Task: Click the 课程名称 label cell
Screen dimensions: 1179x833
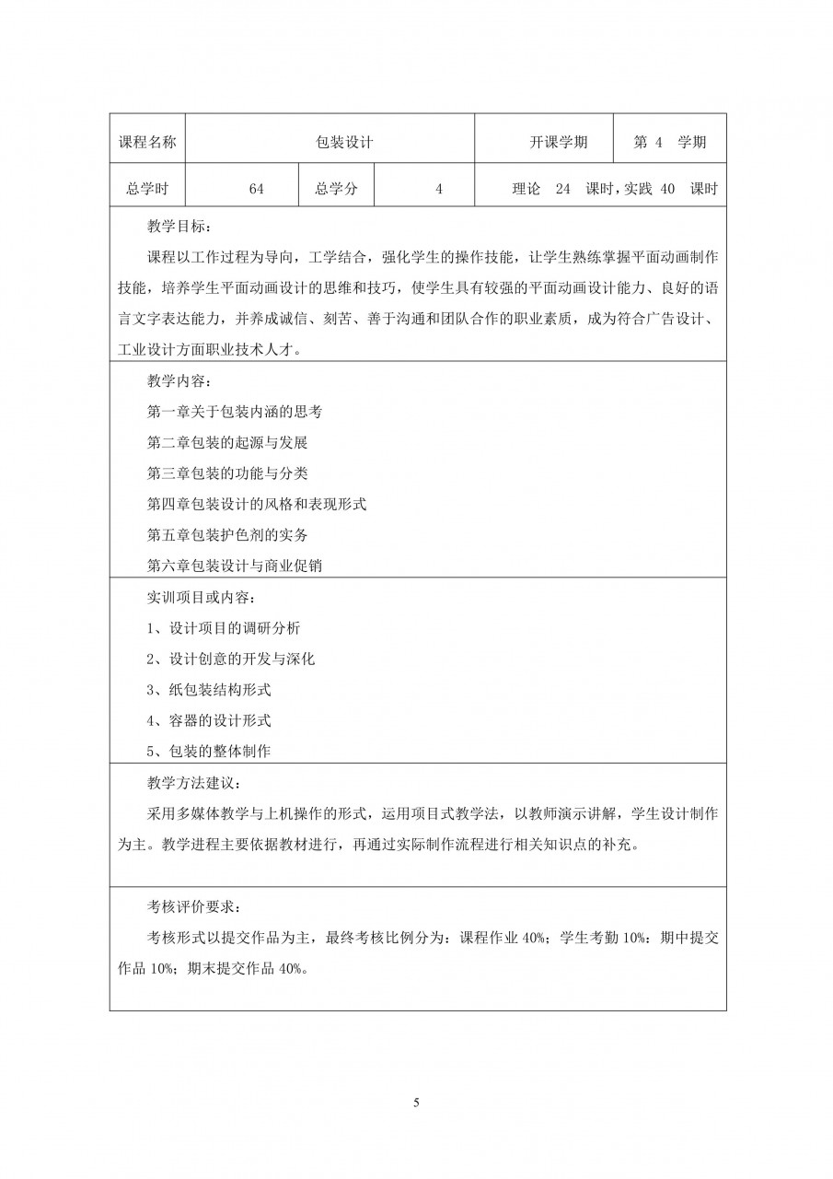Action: [147, 143]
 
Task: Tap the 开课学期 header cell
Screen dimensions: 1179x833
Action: [559, 143]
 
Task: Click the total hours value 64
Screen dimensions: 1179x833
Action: [256, 189]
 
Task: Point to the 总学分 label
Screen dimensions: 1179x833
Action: [336, 189]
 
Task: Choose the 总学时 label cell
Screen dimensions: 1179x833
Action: [147, 189]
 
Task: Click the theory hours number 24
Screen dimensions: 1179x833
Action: [563, 189]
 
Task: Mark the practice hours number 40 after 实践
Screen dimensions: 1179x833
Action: [668, 189]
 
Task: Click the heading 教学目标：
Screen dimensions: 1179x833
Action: [184, 225]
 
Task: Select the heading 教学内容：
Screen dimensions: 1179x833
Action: [184, 380]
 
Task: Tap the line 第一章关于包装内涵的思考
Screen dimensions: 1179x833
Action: [235, 412]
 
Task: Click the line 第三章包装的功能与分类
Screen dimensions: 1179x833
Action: [227, 473]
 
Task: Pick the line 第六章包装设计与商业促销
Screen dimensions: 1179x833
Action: [235, 566]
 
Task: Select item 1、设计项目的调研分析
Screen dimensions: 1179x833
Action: [224, 628]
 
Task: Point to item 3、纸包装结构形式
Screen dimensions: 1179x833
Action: [209, 690]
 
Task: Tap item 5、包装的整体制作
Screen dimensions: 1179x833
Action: [209, 751]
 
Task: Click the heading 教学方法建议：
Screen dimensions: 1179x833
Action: [191, 783]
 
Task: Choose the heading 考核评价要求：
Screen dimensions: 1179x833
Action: [191, 906]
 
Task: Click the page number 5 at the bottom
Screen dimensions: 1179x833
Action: [417, 1102]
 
